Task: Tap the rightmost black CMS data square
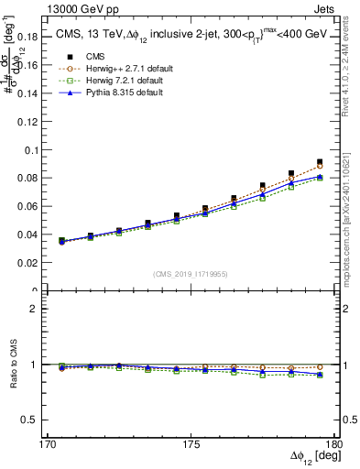pos(319,161)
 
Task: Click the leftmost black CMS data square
pos(61,240)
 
